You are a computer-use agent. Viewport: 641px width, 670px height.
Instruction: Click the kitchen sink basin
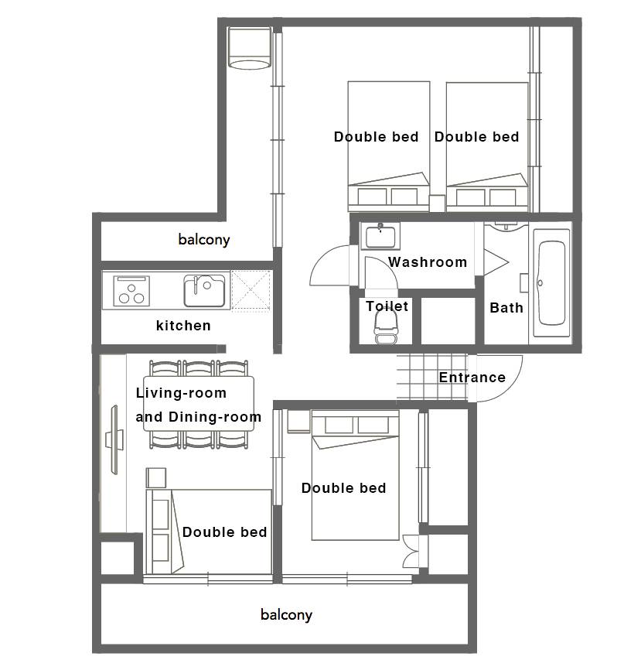pos(205,291)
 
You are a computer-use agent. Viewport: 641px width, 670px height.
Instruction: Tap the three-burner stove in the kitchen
pos(131,291)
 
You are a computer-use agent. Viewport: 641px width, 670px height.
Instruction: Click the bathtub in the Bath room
pos(551,283)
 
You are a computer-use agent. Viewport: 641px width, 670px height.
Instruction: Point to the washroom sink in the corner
pos(380,236)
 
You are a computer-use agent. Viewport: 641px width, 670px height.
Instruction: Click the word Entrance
pos(472,378)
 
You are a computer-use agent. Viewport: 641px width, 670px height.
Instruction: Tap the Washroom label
pos(428,262)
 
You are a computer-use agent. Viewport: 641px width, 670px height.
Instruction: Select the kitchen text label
pos(183,326)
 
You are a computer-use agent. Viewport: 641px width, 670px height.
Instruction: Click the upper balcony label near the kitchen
pos(204,239)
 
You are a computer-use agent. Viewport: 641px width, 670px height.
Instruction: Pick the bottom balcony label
pos(287,615)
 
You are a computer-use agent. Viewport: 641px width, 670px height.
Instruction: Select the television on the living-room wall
pos(114,439)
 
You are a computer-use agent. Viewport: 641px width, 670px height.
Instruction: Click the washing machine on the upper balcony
pos(250,48)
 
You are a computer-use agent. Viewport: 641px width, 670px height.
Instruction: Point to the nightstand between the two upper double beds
pos(437,203)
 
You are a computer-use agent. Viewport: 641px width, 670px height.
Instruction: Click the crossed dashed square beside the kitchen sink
pos(251,291)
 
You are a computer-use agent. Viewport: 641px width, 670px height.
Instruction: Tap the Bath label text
pos(506,308)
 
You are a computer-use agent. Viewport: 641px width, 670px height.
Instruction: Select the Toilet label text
pos(387,306)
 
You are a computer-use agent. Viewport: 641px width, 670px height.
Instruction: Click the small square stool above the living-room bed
pos(156,477)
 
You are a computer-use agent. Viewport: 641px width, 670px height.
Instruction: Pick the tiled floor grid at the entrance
pos(432,378)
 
